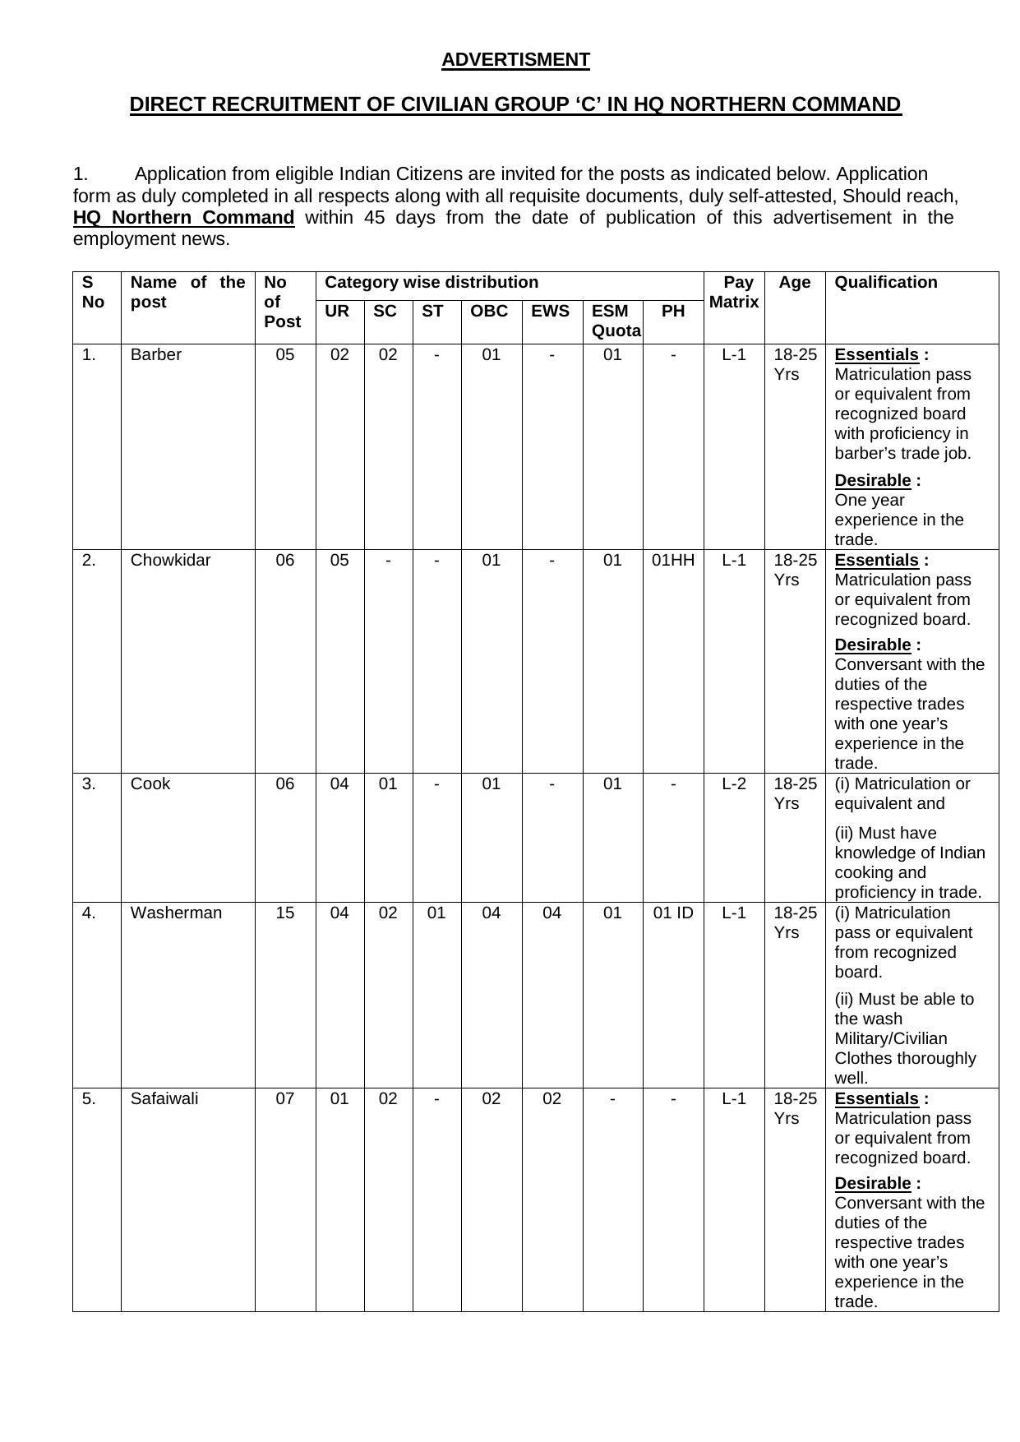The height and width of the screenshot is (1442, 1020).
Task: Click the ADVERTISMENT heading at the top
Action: click(515, 60)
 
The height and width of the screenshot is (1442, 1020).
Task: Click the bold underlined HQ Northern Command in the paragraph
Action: click(183, 218)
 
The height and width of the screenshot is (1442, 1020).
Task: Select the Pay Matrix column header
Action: click(734, 292)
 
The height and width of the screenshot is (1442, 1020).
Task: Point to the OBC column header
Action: click(489, 312)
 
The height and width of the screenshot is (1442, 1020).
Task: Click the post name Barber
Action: click(155, 355)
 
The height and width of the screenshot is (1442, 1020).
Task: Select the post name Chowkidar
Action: click(170, 561)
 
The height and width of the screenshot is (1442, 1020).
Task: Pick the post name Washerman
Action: click(176, 913)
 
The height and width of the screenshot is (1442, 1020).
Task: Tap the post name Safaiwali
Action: click(164, 1099)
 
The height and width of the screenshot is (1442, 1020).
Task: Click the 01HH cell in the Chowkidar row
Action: click(673, 561)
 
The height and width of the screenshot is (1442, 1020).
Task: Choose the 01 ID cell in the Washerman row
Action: click(673, 913)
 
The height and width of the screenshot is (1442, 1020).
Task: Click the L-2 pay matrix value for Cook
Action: click(734, 784)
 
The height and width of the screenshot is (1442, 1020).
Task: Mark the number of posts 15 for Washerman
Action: click(285, 913)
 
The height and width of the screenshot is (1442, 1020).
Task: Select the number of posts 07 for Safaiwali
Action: click(285, 1099)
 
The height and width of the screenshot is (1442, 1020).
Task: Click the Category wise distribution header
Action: click(432, 283)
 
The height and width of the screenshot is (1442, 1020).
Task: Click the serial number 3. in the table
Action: click(90, 784)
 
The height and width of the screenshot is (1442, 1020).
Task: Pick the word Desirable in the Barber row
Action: click(873, 481)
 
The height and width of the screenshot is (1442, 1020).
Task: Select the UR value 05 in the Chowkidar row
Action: click(339, 561)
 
